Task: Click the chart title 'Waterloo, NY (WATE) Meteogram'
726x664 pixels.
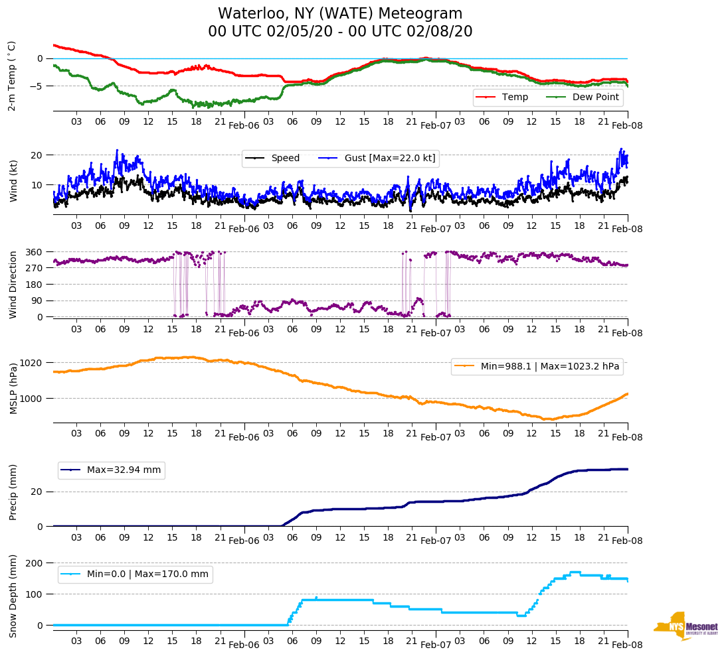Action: (340, 14)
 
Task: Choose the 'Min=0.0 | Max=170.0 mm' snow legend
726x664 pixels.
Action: (148, 574)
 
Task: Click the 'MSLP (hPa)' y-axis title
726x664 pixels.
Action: (13, 389)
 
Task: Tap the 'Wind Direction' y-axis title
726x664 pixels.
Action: (13, 285)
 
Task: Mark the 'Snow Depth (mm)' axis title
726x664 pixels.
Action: (13, 595)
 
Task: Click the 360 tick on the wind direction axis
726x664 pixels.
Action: (35, 252)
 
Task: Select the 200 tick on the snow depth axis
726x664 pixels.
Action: (35, 563)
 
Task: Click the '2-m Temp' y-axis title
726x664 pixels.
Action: (12, 75)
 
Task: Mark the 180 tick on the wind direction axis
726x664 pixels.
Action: (35, 285)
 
